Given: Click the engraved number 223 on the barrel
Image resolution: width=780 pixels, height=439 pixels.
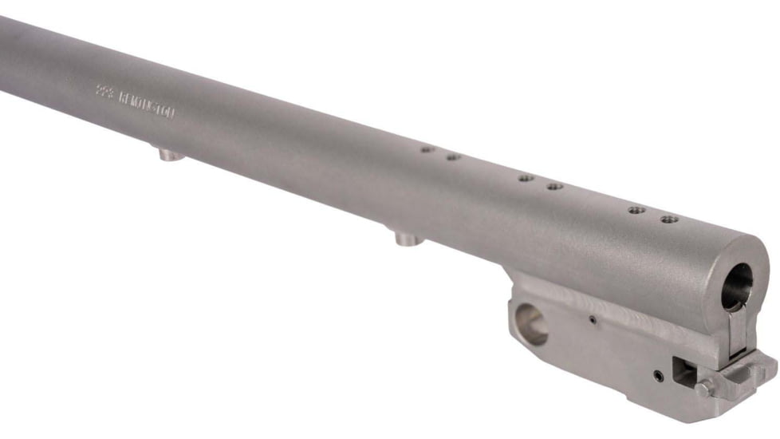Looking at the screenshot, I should [x=104, y=93].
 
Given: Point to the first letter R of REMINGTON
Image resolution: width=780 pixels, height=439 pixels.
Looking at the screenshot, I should [x=122, y=98].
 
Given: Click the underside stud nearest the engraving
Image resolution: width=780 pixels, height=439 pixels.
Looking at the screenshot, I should [x=168, y=153].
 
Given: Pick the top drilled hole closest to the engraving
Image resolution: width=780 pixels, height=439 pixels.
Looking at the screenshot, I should [x=427, y=148].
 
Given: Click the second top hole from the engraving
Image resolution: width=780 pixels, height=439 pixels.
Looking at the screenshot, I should [x=453, y=157].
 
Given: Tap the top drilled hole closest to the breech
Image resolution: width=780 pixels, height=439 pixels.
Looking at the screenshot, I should [x=669, y=219].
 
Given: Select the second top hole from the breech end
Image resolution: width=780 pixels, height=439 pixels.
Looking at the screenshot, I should [x=636, y=210].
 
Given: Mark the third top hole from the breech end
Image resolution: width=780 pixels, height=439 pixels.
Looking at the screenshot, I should [x=554, y=187].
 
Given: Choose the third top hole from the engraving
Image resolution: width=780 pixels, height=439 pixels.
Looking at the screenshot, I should [x=526, y=177].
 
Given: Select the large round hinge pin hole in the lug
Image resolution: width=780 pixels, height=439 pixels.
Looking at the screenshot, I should [x=532, y=324].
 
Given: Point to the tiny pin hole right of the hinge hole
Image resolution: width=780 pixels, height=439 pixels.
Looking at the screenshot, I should [x=593, y=321].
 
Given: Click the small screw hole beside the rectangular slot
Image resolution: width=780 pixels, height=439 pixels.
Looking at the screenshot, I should [x=657, y=374].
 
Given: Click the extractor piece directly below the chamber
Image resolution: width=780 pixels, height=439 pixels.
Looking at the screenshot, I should [x=737, y=331].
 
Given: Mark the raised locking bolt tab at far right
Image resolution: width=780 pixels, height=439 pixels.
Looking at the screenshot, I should [x=754, y=369].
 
